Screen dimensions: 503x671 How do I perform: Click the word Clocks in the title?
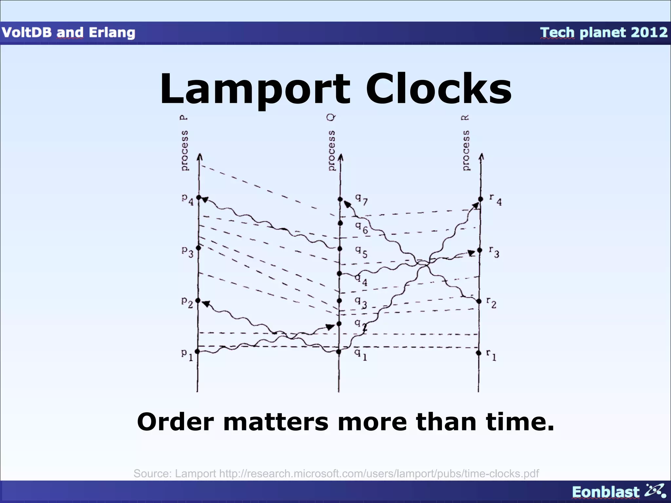pyautogui.click(x=438, y=89)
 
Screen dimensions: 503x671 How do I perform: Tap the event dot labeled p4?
pyautogui.click(x=199, y=197)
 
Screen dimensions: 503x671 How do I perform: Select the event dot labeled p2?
pyautogui.click(x=198, y=301)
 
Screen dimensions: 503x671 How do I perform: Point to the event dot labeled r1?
pyautogui.click(x=479, y=353)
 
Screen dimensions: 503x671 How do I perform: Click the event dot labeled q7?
pyautogui.click(x=340, y=199)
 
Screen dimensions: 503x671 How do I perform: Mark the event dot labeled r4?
pyautogui.click(x=481, y=199)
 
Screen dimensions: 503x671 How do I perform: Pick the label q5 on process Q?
pyautogui.click(x=361, y=252)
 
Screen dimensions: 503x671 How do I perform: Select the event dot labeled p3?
pyautogui.click(x=198, y=248)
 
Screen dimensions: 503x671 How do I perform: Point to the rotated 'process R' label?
pyautogui.click(x=466, y=143)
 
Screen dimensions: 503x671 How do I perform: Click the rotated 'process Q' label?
pyautogui.click(x=331, y=143)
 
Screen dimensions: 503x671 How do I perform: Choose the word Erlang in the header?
pyautogui.click(x=112, y=32)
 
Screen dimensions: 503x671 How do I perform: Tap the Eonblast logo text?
pyautogui.click(x=605, y=492)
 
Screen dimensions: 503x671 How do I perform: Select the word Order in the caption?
pyautogui.click(x=175, y=422)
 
